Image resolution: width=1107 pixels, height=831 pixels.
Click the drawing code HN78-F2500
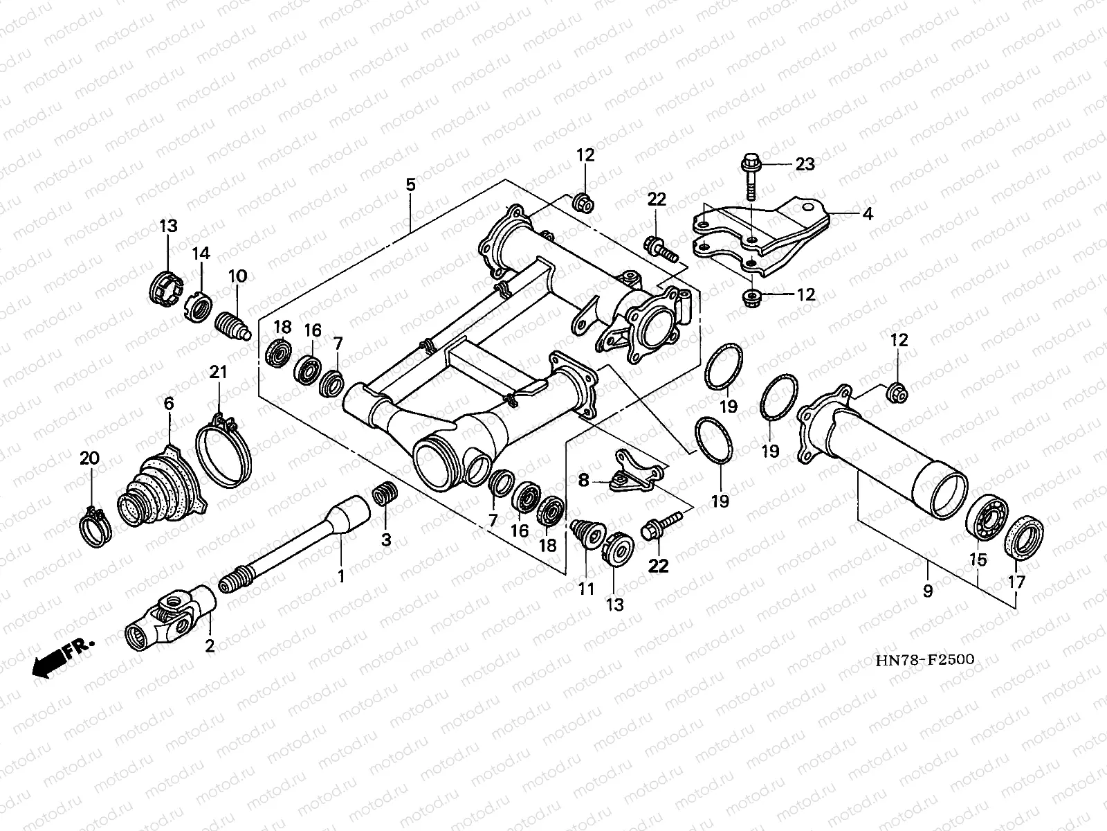coord(925,659)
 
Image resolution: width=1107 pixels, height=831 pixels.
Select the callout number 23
coord(805,164)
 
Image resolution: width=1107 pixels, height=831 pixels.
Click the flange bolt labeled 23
coord(750,175)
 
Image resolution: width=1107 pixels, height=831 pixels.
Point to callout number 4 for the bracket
coord(868,214)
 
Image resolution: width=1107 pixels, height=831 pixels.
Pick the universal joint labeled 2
coord(170,618)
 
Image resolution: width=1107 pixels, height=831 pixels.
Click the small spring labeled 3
coord(385,493)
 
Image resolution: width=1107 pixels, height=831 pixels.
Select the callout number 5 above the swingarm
coord(410,185)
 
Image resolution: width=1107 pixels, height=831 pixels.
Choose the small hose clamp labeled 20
coord(95,526)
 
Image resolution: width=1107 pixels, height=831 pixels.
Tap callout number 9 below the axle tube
coord(928,591)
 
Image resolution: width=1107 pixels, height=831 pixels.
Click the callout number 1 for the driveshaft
coord(341,575)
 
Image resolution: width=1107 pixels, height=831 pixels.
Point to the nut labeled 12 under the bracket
coord(752,298)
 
